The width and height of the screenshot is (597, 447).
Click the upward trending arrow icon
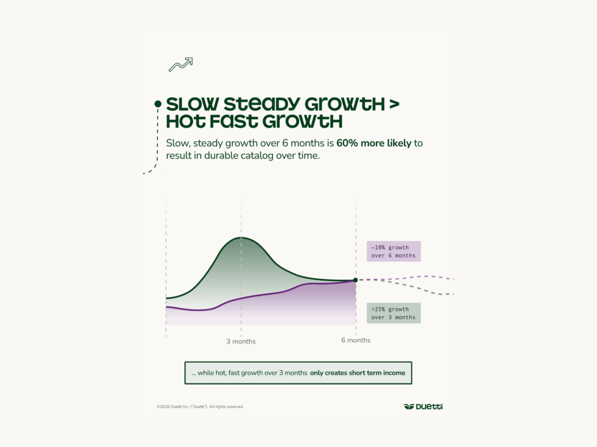point(180,65)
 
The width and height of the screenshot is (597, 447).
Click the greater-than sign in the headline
point(394,105)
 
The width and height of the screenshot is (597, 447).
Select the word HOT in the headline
point(188,122)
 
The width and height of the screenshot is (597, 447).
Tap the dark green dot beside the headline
point(157,104)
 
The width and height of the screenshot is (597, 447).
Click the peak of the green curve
point(241,237)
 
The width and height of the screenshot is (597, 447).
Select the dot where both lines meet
point(356,280)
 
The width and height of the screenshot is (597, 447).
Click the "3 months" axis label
point(241,342)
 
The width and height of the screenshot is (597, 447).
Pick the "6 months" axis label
point(356,340)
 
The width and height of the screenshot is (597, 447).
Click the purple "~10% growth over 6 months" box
point(394,251)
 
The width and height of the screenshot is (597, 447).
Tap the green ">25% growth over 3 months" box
point(394,313)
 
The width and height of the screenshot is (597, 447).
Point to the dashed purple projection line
point(420,276)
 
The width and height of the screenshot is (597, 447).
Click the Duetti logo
point(423,406)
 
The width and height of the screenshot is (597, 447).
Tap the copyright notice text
point(200,407)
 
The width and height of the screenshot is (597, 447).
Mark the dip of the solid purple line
point(198,310)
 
